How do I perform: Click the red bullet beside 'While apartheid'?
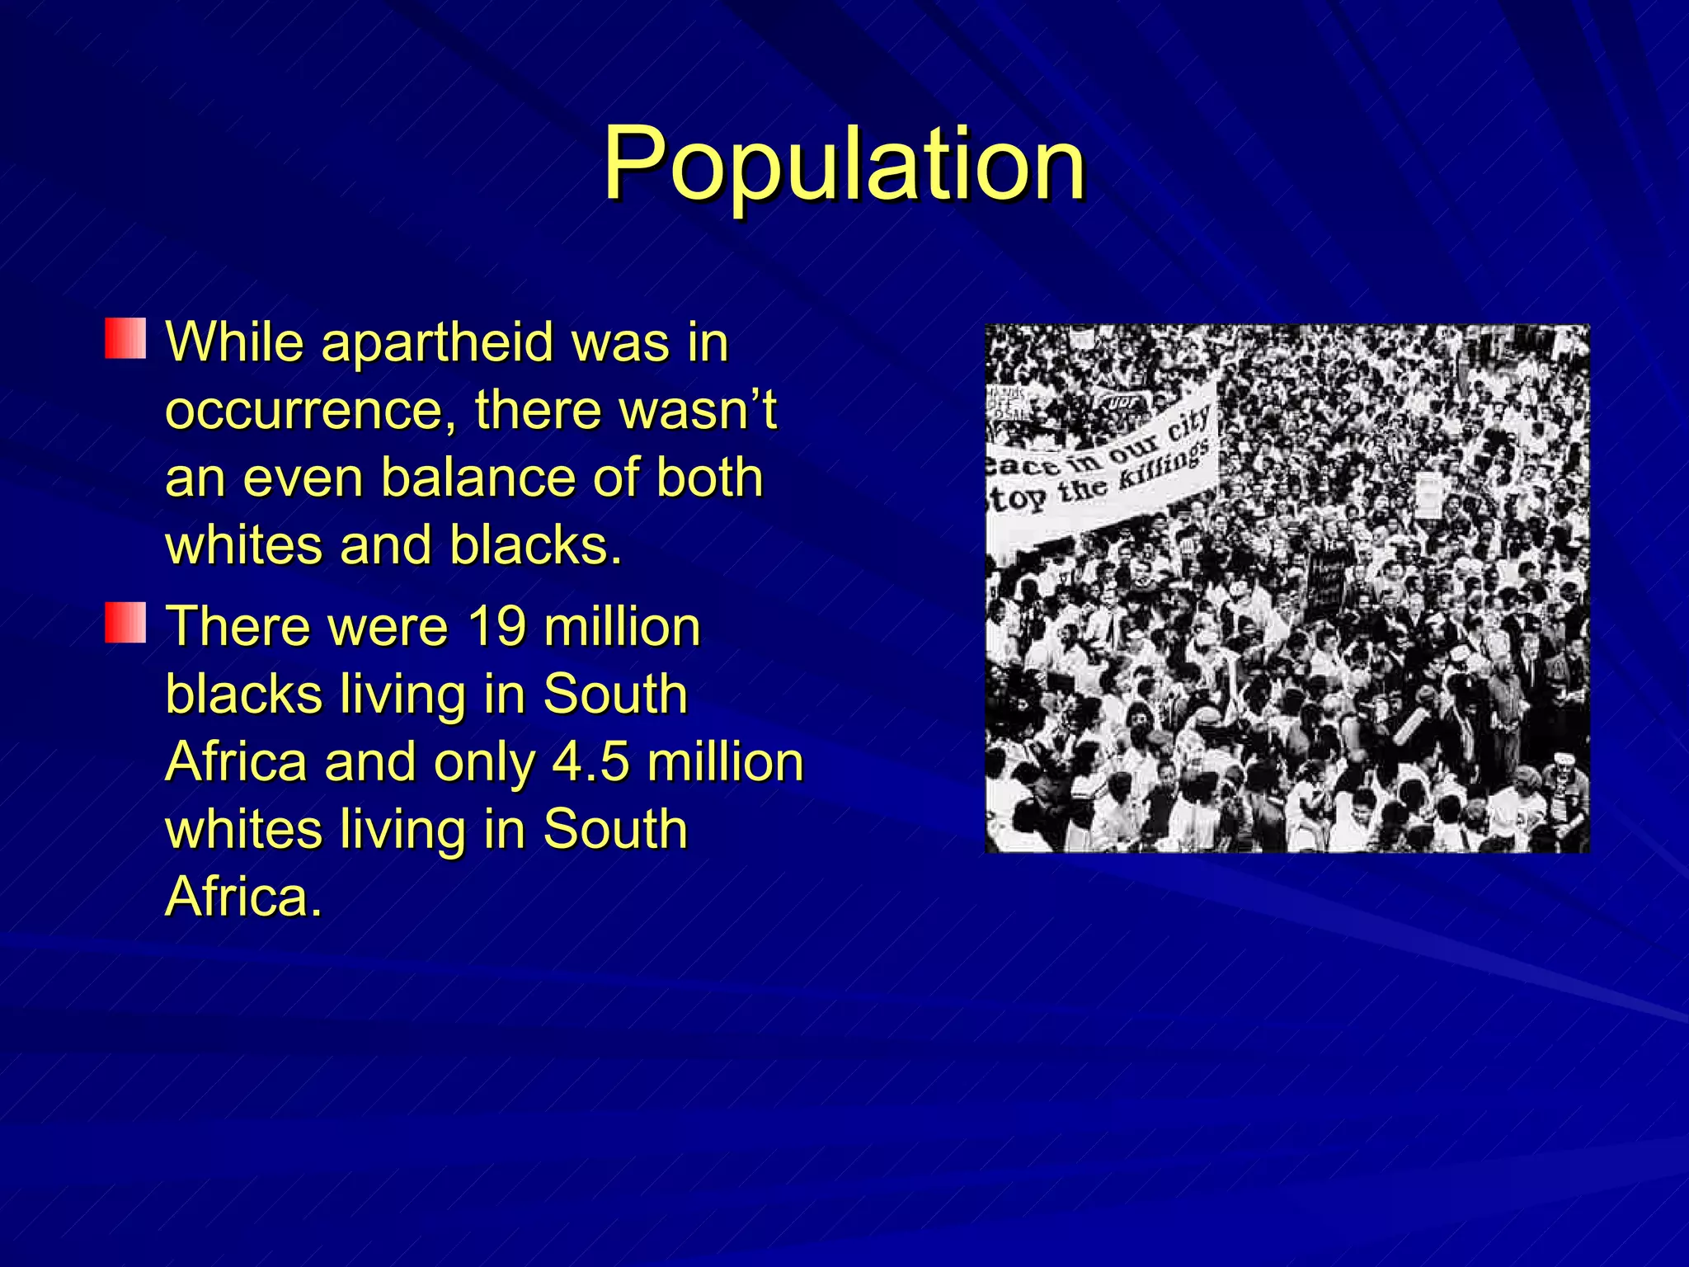point(125,339)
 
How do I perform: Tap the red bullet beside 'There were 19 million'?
point(125,623)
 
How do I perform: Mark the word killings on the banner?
point(1170,470)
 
